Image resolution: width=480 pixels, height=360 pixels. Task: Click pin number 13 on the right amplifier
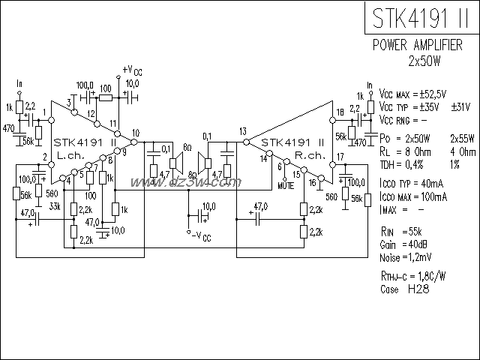(243, 131)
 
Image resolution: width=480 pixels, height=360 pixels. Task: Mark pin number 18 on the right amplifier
(340, 112)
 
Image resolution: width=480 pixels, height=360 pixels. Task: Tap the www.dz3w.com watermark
(184, 182)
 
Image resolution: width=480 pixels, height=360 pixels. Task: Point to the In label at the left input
(19, 82)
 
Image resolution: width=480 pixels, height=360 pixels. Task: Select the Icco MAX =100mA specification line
(413, 196)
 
